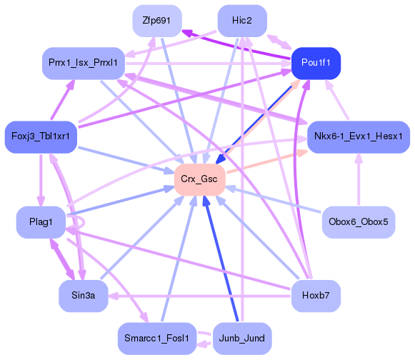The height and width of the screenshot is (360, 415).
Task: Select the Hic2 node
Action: click(x=242, y=20)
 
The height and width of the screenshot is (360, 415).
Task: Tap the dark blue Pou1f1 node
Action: click(x=316, y=64)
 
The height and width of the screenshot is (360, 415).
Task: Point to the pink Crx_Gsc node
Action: click(x=199, y=179)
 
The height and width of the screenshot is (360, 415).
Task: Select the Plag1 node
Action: click(x=41, y=222)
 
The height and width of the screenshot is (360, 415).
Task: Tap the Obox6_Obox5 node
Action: click(x=358, y=222)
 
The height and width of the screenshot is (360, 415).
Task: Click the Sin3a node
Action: click(x=83, y=294)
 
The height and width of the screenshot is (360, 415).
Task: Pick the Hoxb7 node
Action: click(x=316, y=294)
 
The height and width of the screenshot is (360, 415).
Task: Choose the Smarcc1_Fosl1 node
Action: click(x=155, y=337)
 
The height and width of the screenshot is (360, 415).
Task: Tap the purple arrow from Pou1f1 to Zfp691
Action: click(x=236, y=46)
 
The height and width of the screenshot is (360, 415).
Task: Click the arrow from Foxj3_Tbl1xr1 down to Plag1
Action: click(x=41, y=179)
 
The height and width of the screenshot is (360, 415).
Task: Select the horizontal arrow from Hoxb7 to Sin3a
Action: click(x=200, y=294)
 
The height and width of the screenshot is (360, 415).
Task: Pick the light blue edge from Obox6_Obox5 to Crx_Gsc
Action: click(x=279, y=200)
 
